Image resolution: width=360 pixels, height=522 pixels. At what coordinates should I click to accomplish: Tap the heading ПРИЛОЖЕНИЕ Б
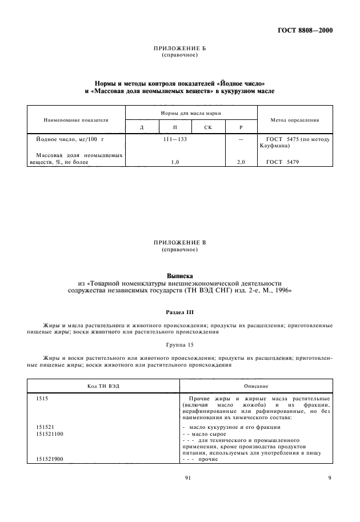pyautogui.click(x=179, y=49)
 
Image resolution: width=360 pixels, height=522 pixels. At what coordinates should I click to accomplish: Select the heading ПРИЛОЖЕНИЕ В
pyautogui.click(x=179, y=243)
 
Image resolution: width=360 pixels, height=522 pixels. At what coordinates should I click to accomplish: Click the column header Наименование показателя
pyautogui.click(x=76, y=120)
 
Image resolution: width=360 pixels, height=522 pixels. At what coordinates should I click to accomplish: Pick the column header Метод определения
pyautogui.click(x=293, y=120)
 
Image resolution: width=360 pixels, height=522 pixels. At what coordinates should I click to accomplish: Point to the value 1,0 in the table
pyautogui.click(x=175, y=163)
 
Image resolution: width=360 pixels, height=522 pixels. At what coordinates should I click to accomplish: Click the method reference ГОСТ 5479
pyautogui.click(x=282, y=163)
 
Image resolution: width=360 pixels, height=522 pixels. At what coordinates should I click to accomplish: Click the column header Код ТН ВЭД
pyautogui.click(x=103, y=386)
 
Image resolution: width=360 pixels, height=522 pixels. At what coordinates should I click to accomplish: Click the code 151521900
pyautogui.click(x=50, y=459)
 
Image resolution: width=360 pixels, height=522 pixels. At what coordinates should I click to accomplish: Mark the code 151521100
pyautogui.click(x=50, y=434)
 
